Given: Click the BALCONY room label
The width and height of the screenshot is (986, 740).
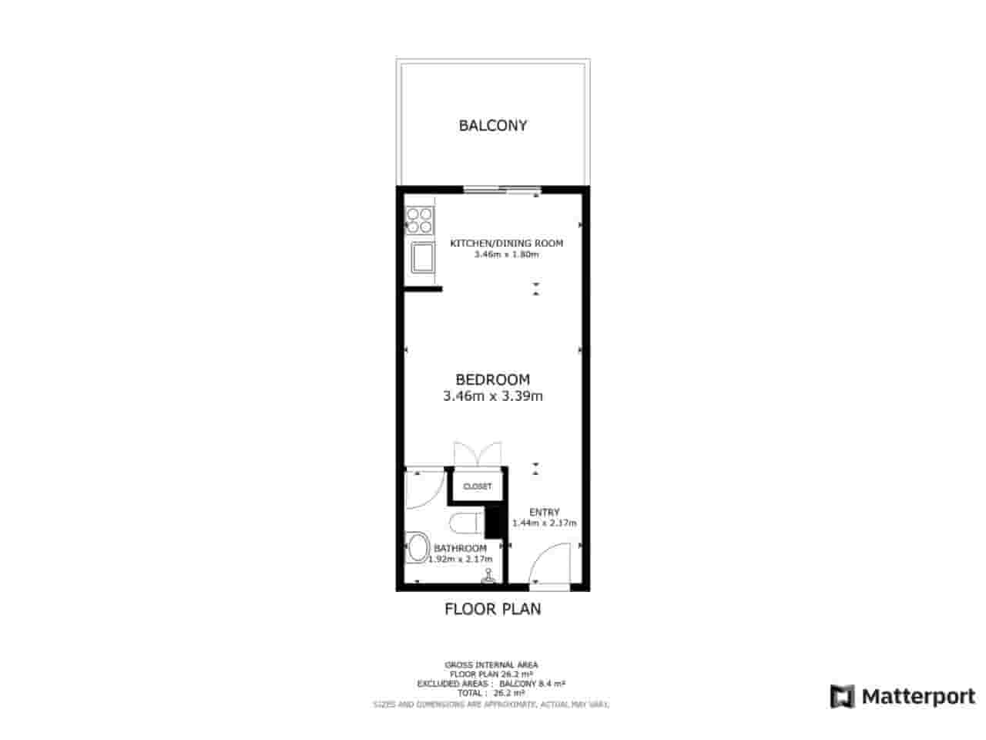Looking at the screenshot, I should point(493,125).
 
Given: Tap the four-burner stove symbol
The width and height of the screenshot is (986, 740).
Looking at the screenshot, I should point(420,220).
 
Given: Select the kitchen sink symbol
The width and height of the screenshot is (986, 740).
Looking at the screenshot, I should point(421,258).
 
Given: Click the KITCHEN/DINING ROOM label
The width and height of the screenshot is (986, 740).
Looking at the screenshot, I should point(506,243).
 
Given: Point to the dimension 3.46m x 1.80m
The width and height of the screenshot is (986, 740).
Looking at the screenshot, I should point(506,254).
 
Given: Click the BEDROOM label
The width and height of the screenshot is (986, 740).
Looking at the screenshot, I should point(493,379).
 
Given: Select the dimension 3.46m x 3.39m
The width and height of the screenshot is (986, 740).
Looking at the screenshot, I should point(493,397).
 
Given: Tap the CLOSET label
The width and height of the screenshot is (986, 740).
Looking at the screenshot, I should point(478,486).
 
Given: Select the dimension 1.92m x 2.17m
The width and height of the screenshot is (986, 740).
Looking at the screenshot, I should point(461,559).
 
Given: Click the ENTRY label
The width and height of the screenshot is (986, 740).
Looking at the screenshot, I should point(544,512).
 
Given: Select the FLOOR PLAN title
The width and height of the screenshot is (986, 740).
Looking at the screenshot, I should point(493,609).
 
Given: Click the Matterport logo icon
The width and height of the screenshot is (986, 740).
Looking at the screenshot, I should point(843,696).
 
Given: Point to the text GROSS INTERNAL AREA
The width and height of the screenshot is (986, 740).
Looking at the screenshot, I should point(491,664).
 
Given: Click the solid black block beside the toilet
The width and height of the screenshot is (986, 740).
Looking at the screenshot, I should point(493,522).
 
